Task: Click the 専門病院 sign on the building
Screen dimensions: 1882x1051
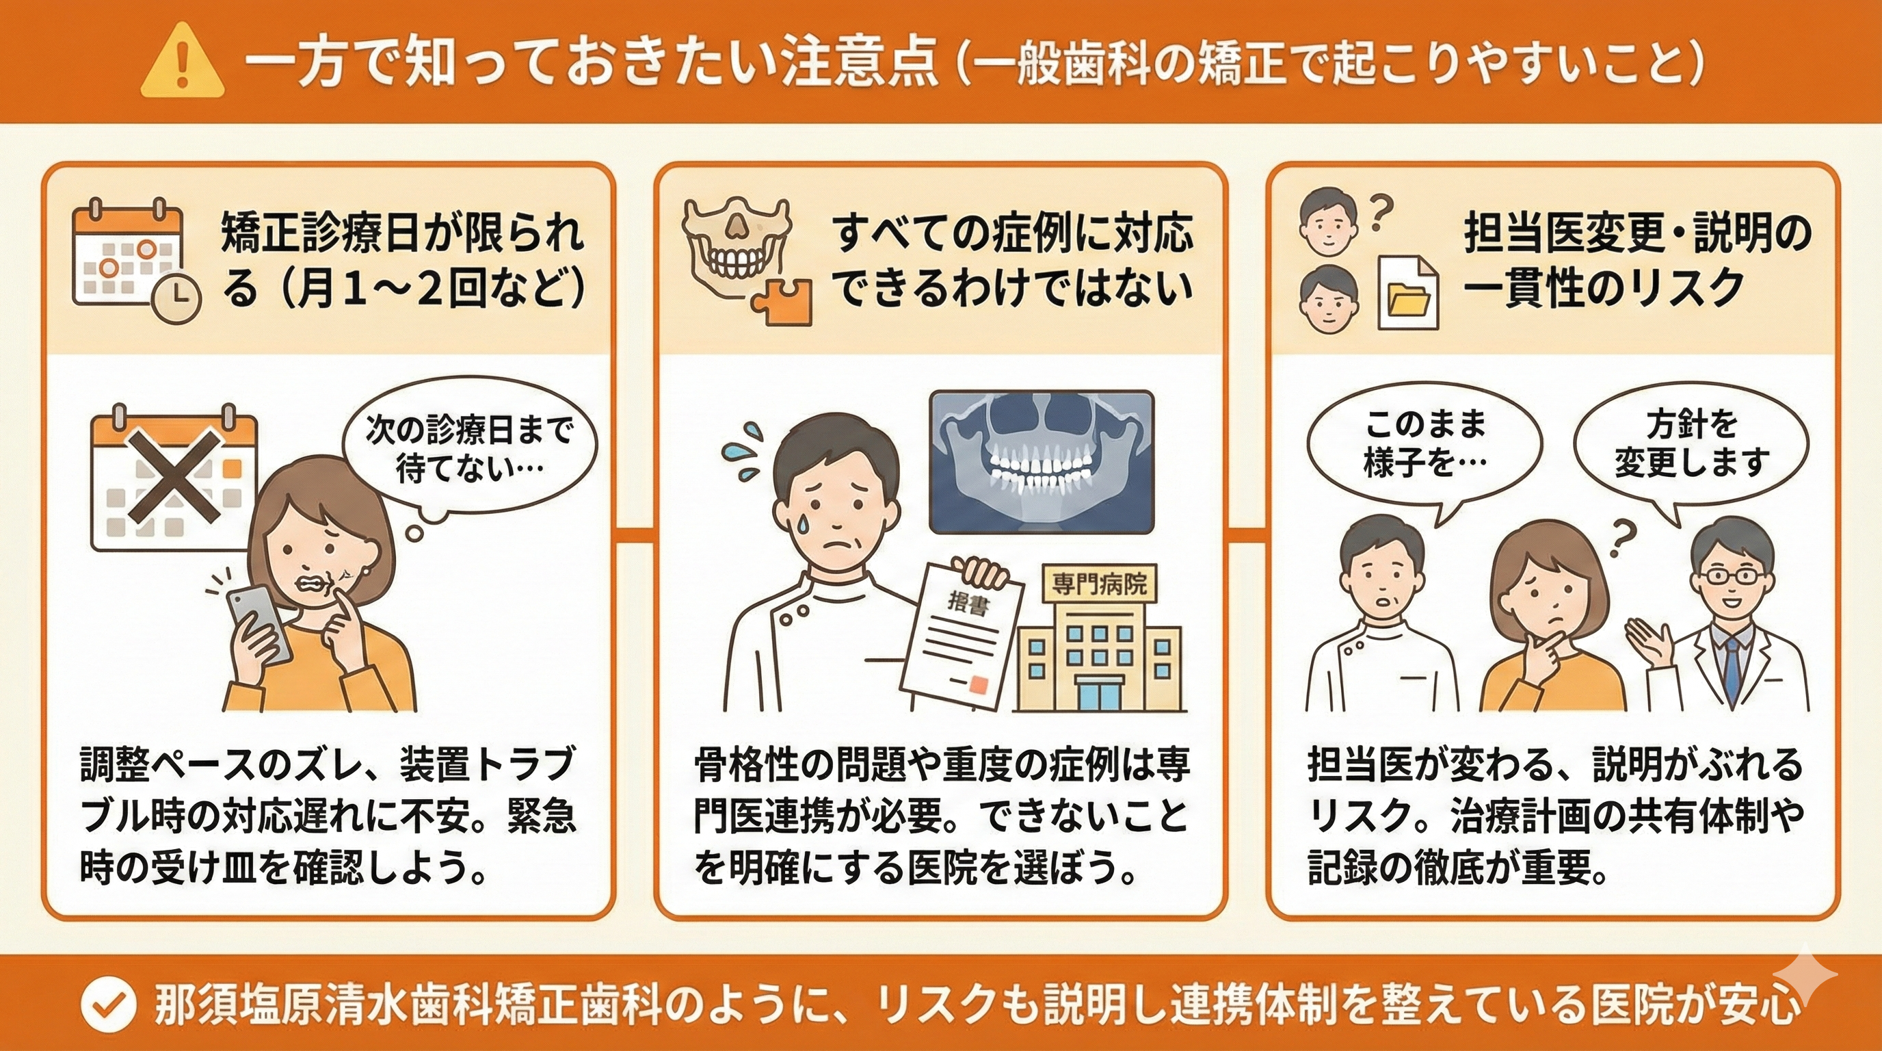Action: (1099, 584)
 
